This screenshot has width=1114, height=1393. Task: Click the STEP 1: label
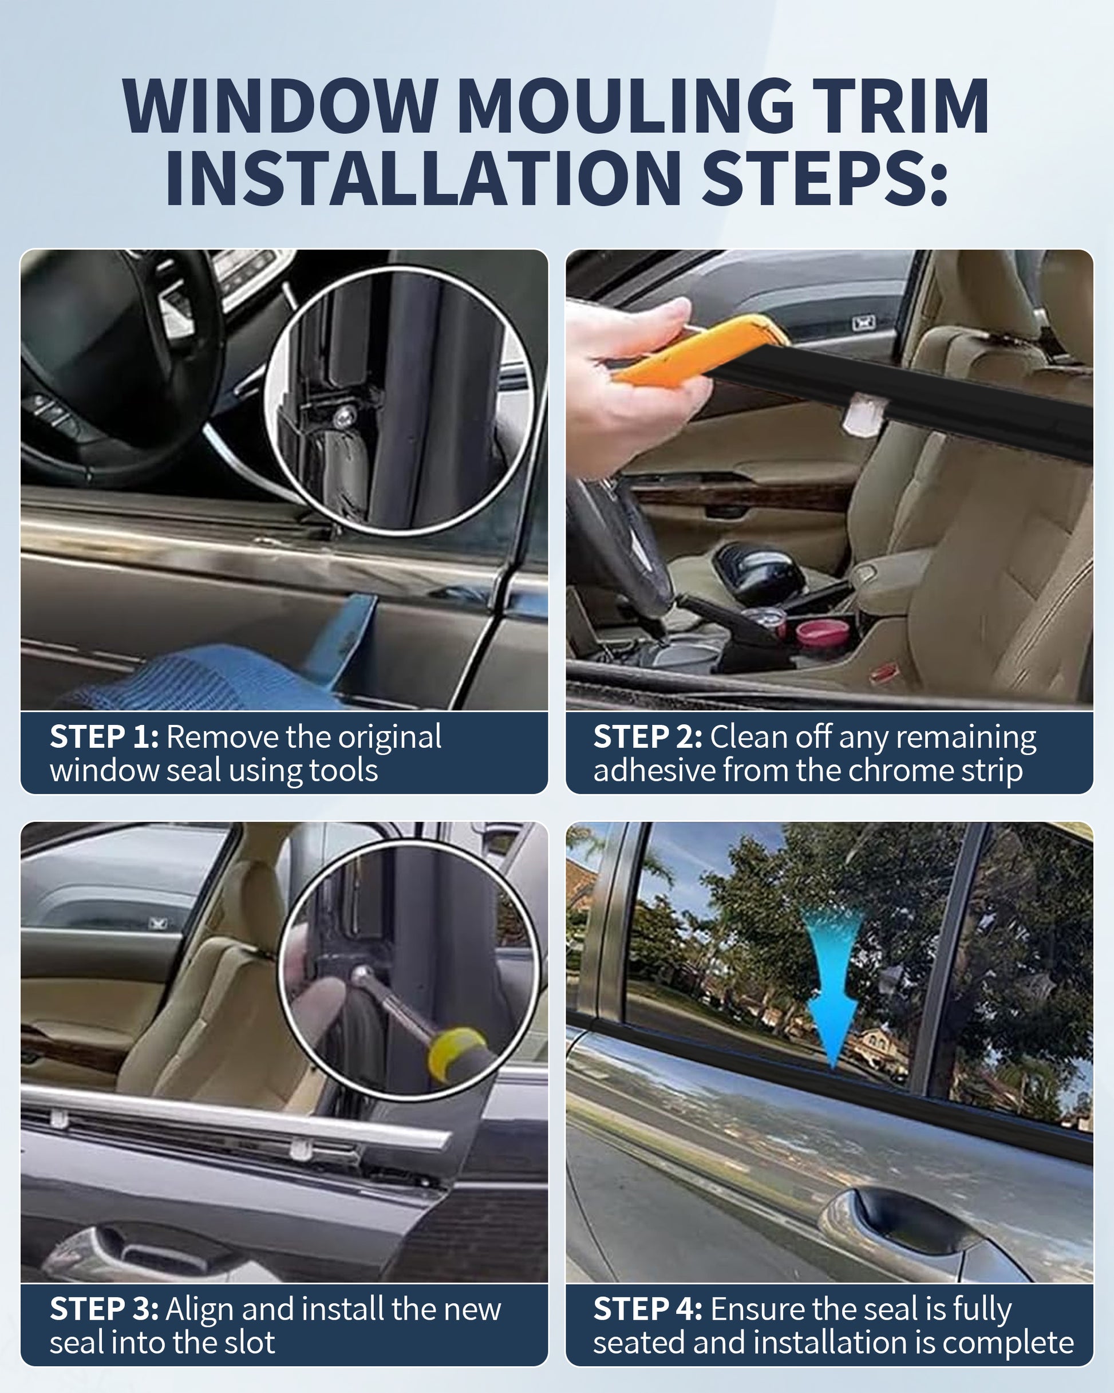[104, 736]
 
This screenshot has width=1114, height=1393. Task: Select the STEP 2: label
[648, 736]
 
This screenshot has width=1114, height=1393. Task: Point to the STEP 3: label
[104, 1309]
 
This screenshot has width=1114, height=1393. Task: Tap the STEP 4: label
[648, 1309]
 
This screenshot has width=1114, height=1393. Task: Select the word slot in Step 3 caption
[250, 1343]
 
